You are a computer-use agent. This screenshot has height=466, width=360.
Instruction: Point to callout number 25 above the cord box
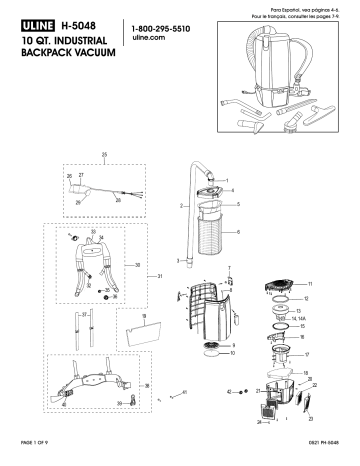point(104,155)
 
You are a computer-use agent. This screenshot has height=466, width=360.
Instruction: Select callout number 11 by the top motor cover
point(309,285)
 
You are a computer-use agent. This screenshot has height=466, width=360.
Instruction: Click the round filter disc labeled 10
point(211,349)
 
